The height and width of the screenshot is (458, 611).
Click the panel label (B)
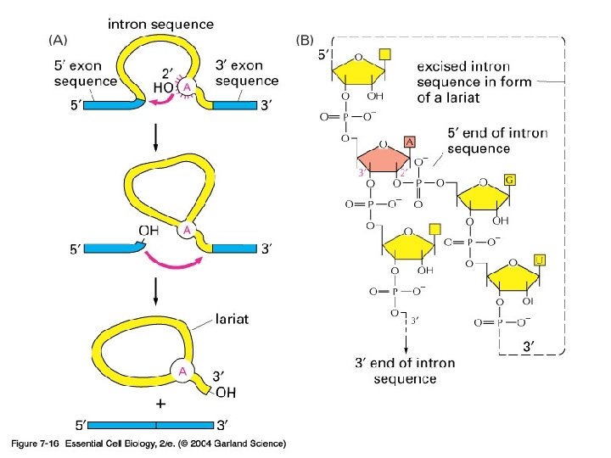click(306, 39)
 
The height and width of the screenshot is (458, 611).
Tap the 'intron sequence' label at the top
click(160, 25)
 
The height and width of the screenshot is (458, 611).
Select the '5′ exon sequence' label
click(85, 74)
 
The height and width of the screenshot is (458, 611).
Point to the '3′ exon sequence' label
click(246, 73)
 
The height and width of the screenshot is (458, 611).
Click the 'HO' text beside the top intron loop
click(164, 88)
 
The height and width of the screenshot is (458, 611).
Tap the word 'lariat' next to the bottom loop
click(232, 319)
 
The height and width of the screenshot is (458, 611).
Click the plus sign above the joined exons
click(160, 405)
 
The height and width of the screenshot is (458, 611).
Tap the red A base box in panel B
click(410, 142)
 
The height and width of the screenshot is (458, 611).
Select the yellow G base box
click(509, 180)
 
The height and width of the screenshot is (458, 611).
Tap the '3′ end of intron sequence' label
click(405, 371)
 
